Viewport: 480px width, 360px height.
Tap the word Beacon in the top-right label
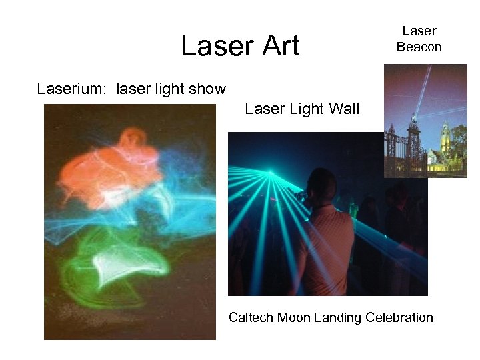(419, 47)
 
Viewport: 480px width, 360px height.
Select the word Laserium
(73, 89)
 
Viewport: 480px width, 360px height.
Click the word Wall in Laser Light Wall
(344, 109)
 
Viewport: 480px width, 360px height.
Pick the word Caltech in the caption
(251, 317)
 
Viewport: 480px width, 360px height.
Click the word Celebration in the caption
(399, 317)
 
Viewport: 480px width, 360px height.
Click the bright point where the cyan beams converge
(270, 174)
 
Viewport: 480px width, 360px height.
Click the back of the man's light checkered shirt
(327, 247)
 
